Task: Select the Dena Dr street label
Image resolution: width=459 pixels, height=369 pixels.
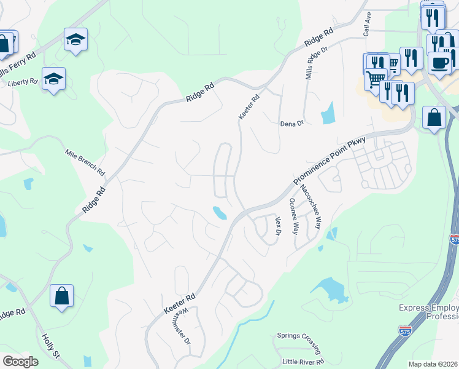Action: pos(292,124)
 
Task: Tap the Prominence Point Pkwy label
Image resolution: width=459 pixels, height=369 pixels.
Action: pos(330,162)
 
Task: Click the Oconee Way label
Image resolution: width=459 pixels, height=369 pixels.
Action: pos(294,216)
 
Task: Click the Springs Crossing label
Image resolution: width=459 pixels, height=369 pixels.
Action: pos(297,336)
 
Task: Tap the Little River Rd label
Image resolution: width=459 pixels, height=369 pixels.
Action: pos(303,362)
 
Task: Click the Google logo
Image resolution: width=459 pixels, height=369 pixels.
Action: pos(20,362)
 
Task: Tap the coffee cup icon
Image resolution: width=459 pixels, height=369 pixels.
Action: pos(439,62)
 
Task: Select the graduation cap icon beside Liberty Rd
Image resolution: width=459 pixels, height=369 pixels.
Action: pos(54,79)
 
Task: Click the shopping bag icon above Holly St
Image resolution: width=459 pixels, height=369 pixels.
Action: pos(62,296)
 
